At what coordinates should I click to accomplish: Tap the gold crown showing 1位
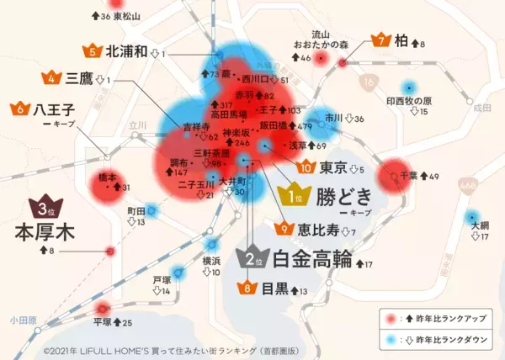coord(295,197)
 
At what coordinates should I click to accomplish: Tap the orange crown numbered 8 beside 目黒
coord(248,289)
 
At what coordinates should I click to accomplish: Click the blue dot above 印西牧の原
coord(409,87)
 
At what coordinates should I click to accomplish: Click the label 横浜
coord(211,260)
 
